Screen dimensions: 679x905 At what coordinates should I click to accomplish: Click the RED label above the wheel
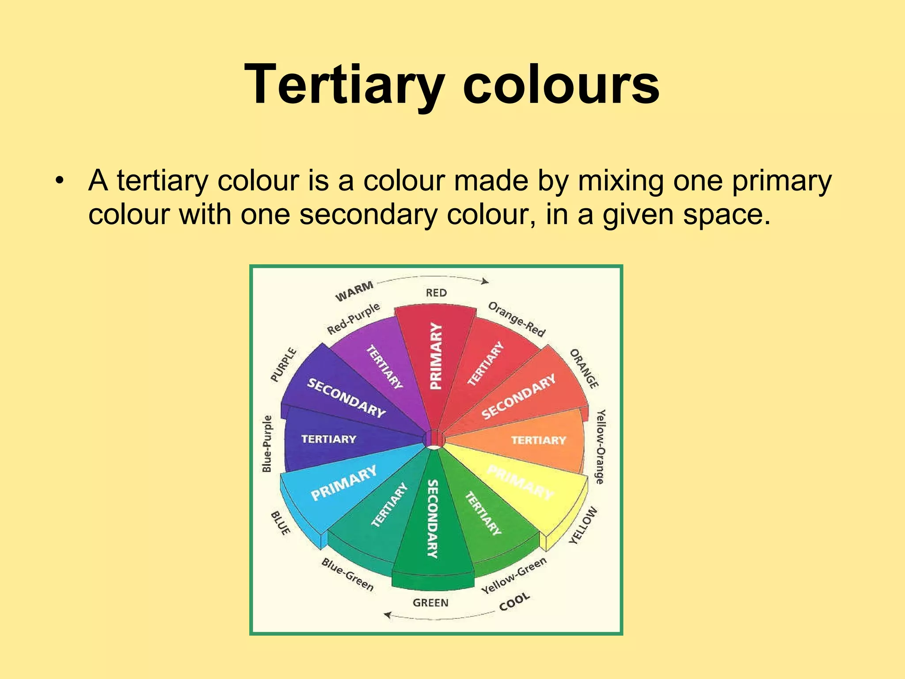[436, 293]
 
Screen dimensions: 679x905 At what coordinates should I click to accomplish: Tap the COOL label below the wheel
[514, 602]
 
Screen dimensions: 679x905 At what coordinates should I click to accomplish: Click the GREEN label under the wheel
[430, 603]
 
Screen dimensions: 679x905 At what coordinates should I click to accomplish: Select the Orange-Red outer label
[517, 319]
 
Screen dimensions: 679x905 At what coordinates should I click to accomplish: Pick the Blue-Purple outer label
[267, 443]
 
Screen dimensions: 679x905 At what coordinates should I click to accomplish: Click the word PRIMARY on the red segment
[436, 356]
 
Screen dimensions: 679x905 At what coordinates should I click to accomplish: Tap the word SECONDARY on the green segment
[433, 519]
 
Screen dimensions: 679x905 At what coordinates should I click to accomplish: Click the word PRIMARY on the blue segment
[344, 483]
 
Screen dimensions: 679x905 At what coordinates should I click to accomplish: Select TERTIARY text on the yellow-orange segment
[538, 440]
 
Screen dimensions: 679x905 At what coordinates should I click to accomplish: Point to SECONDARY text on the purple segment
[346, 398]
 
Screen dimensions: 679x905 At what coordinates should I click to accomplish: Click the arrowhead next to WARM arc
[486, 281]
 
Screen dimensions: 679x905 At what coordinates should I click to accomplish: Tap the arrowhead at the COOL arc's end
[388, 615]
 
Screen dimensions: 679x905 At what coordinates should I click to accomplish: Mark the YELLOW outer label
[583, 525]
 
